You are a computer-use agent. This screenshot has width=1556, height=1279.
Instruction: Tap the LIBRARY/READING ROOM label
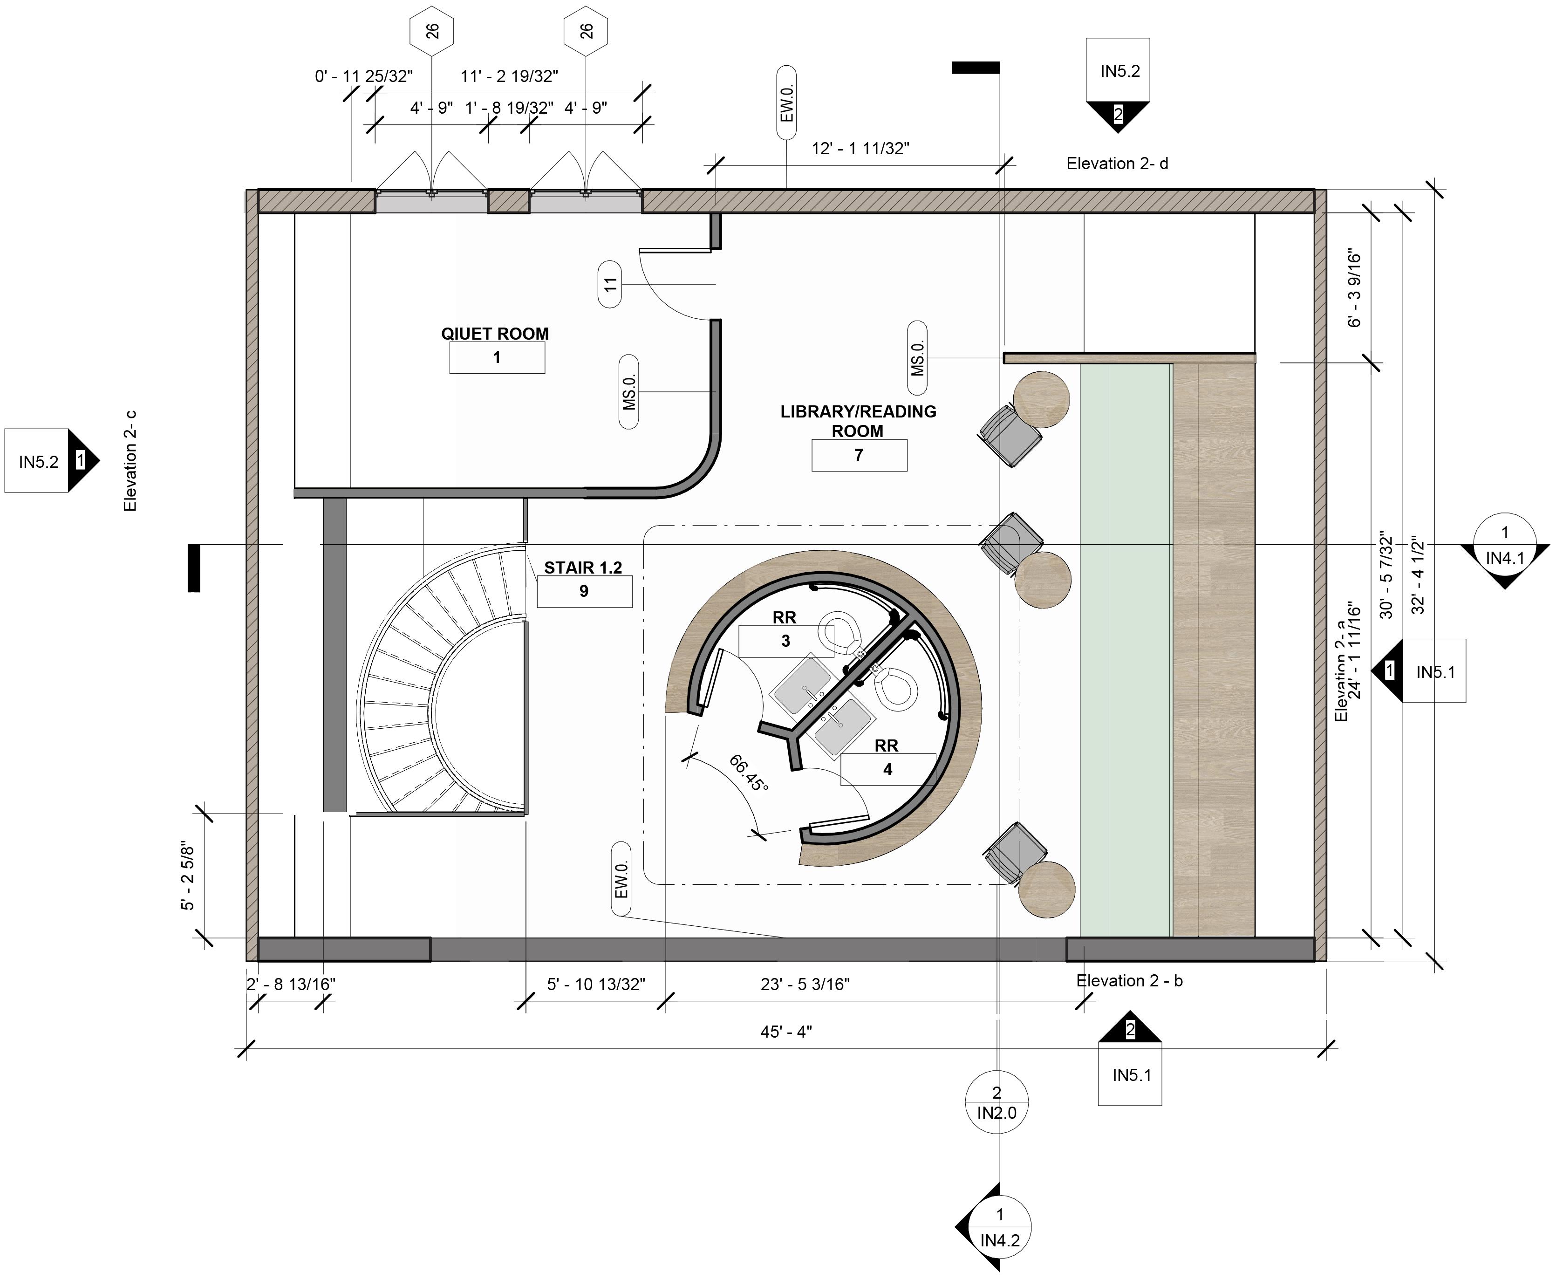(x=858, y=421)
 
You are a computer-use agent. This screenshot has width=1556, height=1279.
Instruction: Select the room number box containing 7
(x=859, y=455)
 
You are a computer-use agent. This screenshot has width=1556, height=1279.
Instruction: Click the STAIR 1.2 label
(x=583, y=568)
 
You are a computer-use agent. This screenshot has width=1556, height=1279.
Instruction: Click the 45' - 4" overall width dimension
(x=786, y=1032)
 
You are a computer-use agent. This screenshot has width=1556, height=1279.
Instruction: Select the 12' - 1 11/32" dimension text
(x=860, y=148)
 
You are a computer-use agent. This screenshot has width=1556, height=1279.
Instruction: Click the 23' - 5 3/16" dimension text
(x=805, y=985)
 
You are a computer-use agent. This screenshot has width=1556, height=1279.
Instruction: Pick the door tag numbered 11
(x=610, y=284)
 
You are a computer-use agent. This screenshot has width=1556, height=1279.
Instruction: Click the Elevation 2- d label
(x=1117, y=164)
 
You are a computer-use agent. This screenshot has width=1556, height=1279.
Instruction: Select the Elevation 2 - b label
(x=1129, y=981)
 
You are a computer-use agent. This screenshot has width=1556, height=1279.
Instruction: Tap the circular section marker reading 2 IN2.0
(x=997, y=1103)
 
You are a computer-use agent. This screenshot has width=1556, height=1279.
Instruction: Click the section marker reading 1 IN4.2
(x=999, y=1227)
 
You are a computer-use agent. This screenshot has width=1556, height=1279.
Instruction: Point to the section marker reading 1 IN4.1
(x=1504, y=545)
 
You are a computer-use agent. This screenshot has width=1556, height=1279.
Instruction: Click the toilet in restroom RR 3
(x=841, y=634)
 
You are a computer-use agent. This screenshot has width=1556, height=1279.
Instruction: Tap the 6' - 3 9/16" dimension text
(x=1354, y=289)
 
